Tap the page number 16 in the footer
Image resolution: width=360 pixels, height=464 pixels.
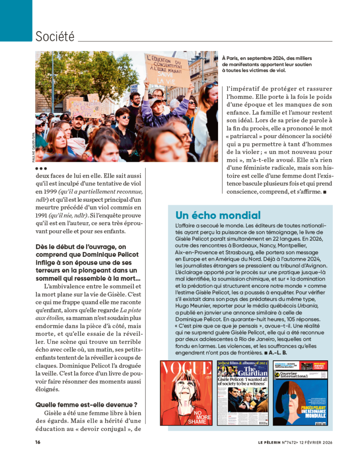pyautogui.click(x=38, y=442)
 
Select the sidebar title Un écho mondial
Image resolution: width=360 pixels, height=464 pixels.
pyautogui.click(x=218, y=215)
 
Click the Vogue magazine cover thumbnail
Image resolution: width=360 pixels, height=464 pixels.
pyautogui.click(x=186, y=393)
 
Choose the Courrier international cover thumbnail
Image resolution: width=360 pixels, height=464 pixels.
pyautogui.click(x=300, y=393)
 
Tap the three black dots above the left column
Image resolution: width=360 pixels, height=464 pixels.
pyautogui.click(x=41, y=168)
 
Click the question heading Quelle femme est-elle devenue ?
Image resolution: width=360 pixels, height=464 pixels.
pyautogui.click(x=86, y=404)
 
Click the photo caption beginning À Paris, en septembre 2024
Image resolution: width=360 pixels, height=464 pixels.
pyautogui.click(x=267, y=64)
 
